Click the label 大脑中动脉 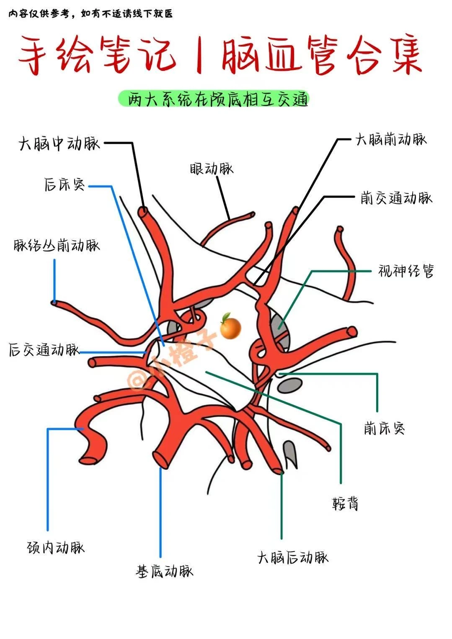[59, 144]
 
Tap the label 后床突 [65, 184]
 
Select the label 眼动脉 [211, 169]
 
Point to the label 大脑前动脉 [390, 139]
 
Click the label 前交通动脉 [396, 198]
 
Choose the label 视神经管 [406, 271]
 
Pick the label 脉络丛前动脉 [57, 245]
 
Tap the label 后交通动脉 [44, 349]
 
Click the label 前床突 [384, 428]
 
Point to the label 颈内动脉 [56, 547]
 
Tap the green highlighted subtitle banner [213, 100]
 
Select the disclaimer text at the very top [90, 14]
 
